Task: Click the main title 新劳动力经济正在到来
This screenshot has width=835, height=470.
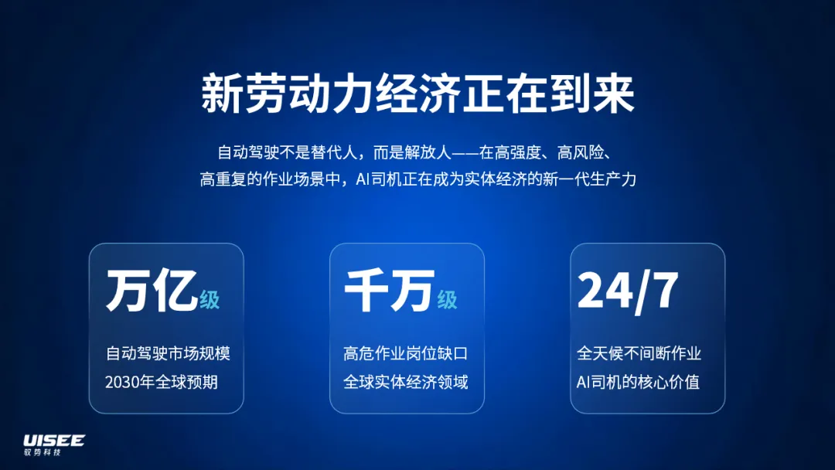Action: pyautogui.click(x=418, y=94)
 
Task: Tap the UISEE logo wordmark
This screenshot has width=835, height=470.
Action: pyautogui.click(x=54, y=441)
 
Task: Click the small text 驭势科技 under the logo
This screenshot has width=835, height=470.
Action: pyautogui.click(x=43, y=452)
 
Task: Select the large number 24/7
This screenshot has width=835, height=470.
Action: pyautogui.click(x=628, y=291)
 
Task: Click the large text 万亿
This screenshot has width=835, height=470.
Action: pyautogui.click(x=152, y=290)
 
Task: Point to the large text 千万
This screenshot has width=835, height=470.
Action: pyautogui.click(x=389, y=290)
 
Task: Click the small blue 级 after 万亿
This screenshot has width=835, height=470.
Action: pyautogui.click(x=210, y=300)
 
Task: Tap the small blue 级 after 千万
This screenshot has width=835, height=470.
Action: pyautogui.click(x=448, y=300)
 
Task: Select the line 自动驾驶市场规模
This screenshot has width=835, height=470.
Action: pyautogui.click(x=168, y=353)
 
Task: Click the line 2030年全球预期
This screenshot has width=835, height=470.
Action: pyautogui.click(x=162, y=382)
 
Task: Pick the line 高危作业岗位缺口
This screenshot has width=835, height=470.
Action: pyautogui.click(x=406, y=353)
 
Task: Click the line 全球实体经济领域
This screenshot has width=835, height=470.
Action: pyautogui.click(x=406, y=382)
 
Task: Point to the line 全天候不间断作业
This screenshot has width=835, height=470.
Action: pyautogui.click(x=639, y=353)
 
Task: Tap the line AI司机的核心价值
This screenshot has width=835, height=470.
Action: pyautogui.click(x=638, y=382)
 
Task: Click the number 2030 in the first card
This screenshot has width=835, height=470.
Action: pyautogui.click(x=122, y=383)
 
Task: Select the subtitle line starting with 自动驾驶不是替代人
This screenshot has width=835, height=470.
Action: pyautogui.click(x=414, y=153)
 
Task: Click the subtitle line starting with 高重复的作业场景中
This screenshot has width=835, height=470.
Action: pyautogui.click(x=418, y=179)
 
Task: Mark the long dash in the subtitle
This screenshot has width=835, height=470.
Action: pyautogui.click(x=465, y=153)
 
